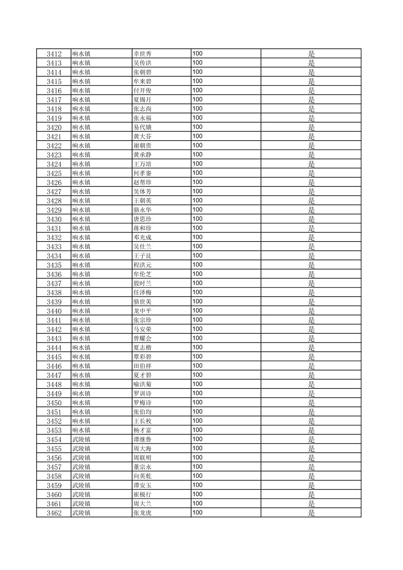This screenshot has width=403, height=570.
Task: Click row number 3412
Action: (54, 54)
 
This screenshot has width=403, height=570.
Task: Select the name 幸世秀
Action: (142, 54)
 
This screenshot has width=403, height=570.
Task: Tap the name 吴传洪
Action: (142, 63)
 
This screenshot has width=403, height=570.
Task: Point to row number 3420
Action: (54, 127)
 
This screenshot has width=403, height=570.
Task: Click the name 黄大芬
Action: (142, 136)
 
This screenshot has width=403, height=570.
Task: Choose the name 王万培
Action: (142, 164)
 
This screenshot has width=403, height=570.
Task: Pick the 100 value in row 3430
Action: (197, 219)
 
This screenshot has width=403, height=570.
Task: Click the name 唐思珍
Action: (142, 219)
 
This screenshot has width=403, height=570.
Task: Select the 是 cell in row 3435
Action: (311, 265)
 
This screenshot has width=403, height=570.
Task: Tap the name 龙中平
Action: (142, 311)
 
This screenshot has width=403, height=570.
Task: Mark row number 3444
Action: (54, 348)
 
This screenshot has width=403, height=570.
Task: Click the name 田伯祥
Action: (142, 366)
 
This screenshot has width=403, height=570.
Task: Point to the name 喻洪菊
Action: (142, 384)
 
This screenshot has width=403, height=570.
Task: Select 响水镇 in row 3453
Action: (81, 430)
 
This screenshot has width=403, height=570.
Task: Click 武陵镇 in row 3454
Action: (81, 439)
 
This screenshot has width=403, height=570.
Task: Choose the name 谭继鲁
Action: (142, 439)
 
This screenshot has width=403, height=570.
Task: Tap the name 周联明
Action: (142, 458)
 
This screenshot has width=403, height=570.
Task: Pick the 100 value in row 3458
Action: (197, 476)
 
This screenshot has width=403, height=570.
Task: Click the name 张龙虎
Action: (142, 513)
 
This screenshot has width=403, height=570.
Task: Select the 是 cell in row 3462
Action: (311, 513)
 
